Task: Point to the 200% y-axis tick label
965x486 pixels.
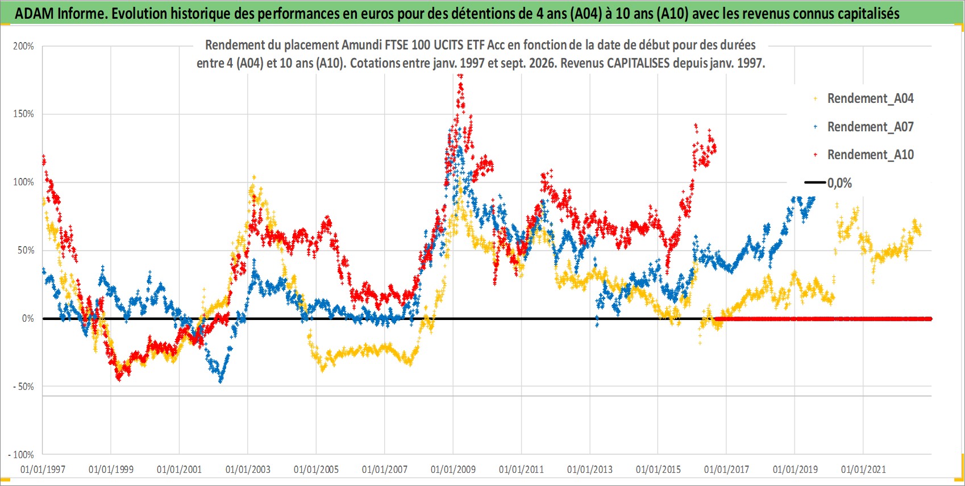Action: click(x=23, y=46)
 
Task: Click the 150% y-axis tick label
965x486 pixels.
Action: click(x=23, y=114)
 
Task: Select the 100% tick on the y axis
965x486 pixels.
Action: click(x=23, y=182)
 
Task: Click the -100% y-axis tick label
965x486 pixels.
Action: click(x=21, y=455)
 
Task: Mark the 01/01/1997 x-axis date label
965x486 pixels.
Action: click(x=43, y=469)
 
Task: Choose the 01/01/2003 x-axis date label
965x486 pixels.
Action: click(x=248, y=469)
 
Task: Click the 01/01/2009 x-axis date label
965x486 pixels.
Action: click(x=453, y=469)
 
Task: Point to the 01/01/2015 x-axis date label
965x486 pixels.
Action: click(x=658, y=469)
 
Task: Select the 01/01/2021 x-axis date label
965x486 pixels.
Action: click(x=863, y=469)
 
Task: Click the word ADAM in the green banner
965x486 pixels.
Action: click(x=34, y=14)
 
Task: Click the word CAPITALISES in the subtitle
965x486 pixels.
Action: click(x=638, y=63)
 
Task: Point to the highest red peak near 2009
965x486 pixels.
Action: click(x=460, y=76)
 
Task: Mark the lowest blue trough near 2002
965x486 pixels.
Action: click(x=221, y=380)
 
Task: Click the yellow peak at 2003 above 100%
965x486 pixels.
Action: click(x=253, y=177)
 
